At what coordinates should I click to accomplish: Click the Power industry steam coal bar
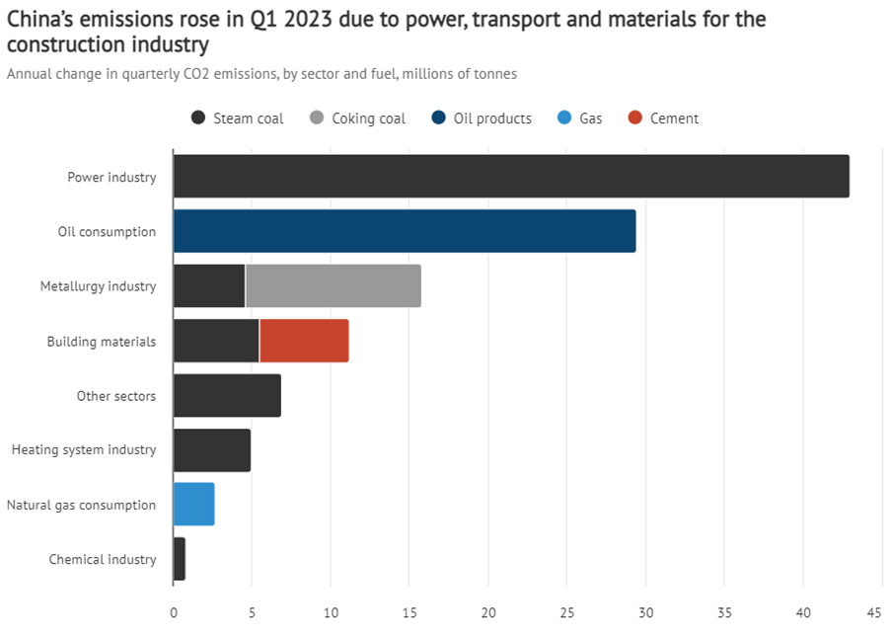510,177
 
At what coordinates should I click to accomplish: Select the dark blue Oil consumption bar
404,231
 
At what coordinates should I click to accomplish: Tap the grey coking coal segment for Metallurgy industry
333,286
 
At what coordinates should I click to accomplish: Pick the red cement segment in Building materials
304,341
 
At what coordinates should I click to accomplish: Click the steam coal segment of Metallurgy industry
208,286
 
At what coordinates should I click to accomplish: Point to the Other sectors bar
226,395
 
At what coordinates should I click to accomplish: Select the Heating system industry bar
211,450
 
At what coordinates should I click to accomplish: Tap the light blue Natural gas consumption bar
193,505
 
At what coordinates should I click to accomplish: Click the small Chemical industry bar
179,559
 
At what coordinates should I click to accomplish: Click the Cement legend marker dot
634,119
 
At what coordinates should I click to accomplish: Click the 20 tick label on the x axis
487,612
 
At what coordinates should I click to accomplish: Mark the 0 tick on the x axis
173,612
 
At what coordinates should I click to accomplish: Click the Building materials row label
102,342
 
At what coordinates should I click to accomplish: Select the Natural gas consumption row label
81,506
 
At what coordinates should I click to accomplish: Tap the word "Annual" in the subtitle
30,74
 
